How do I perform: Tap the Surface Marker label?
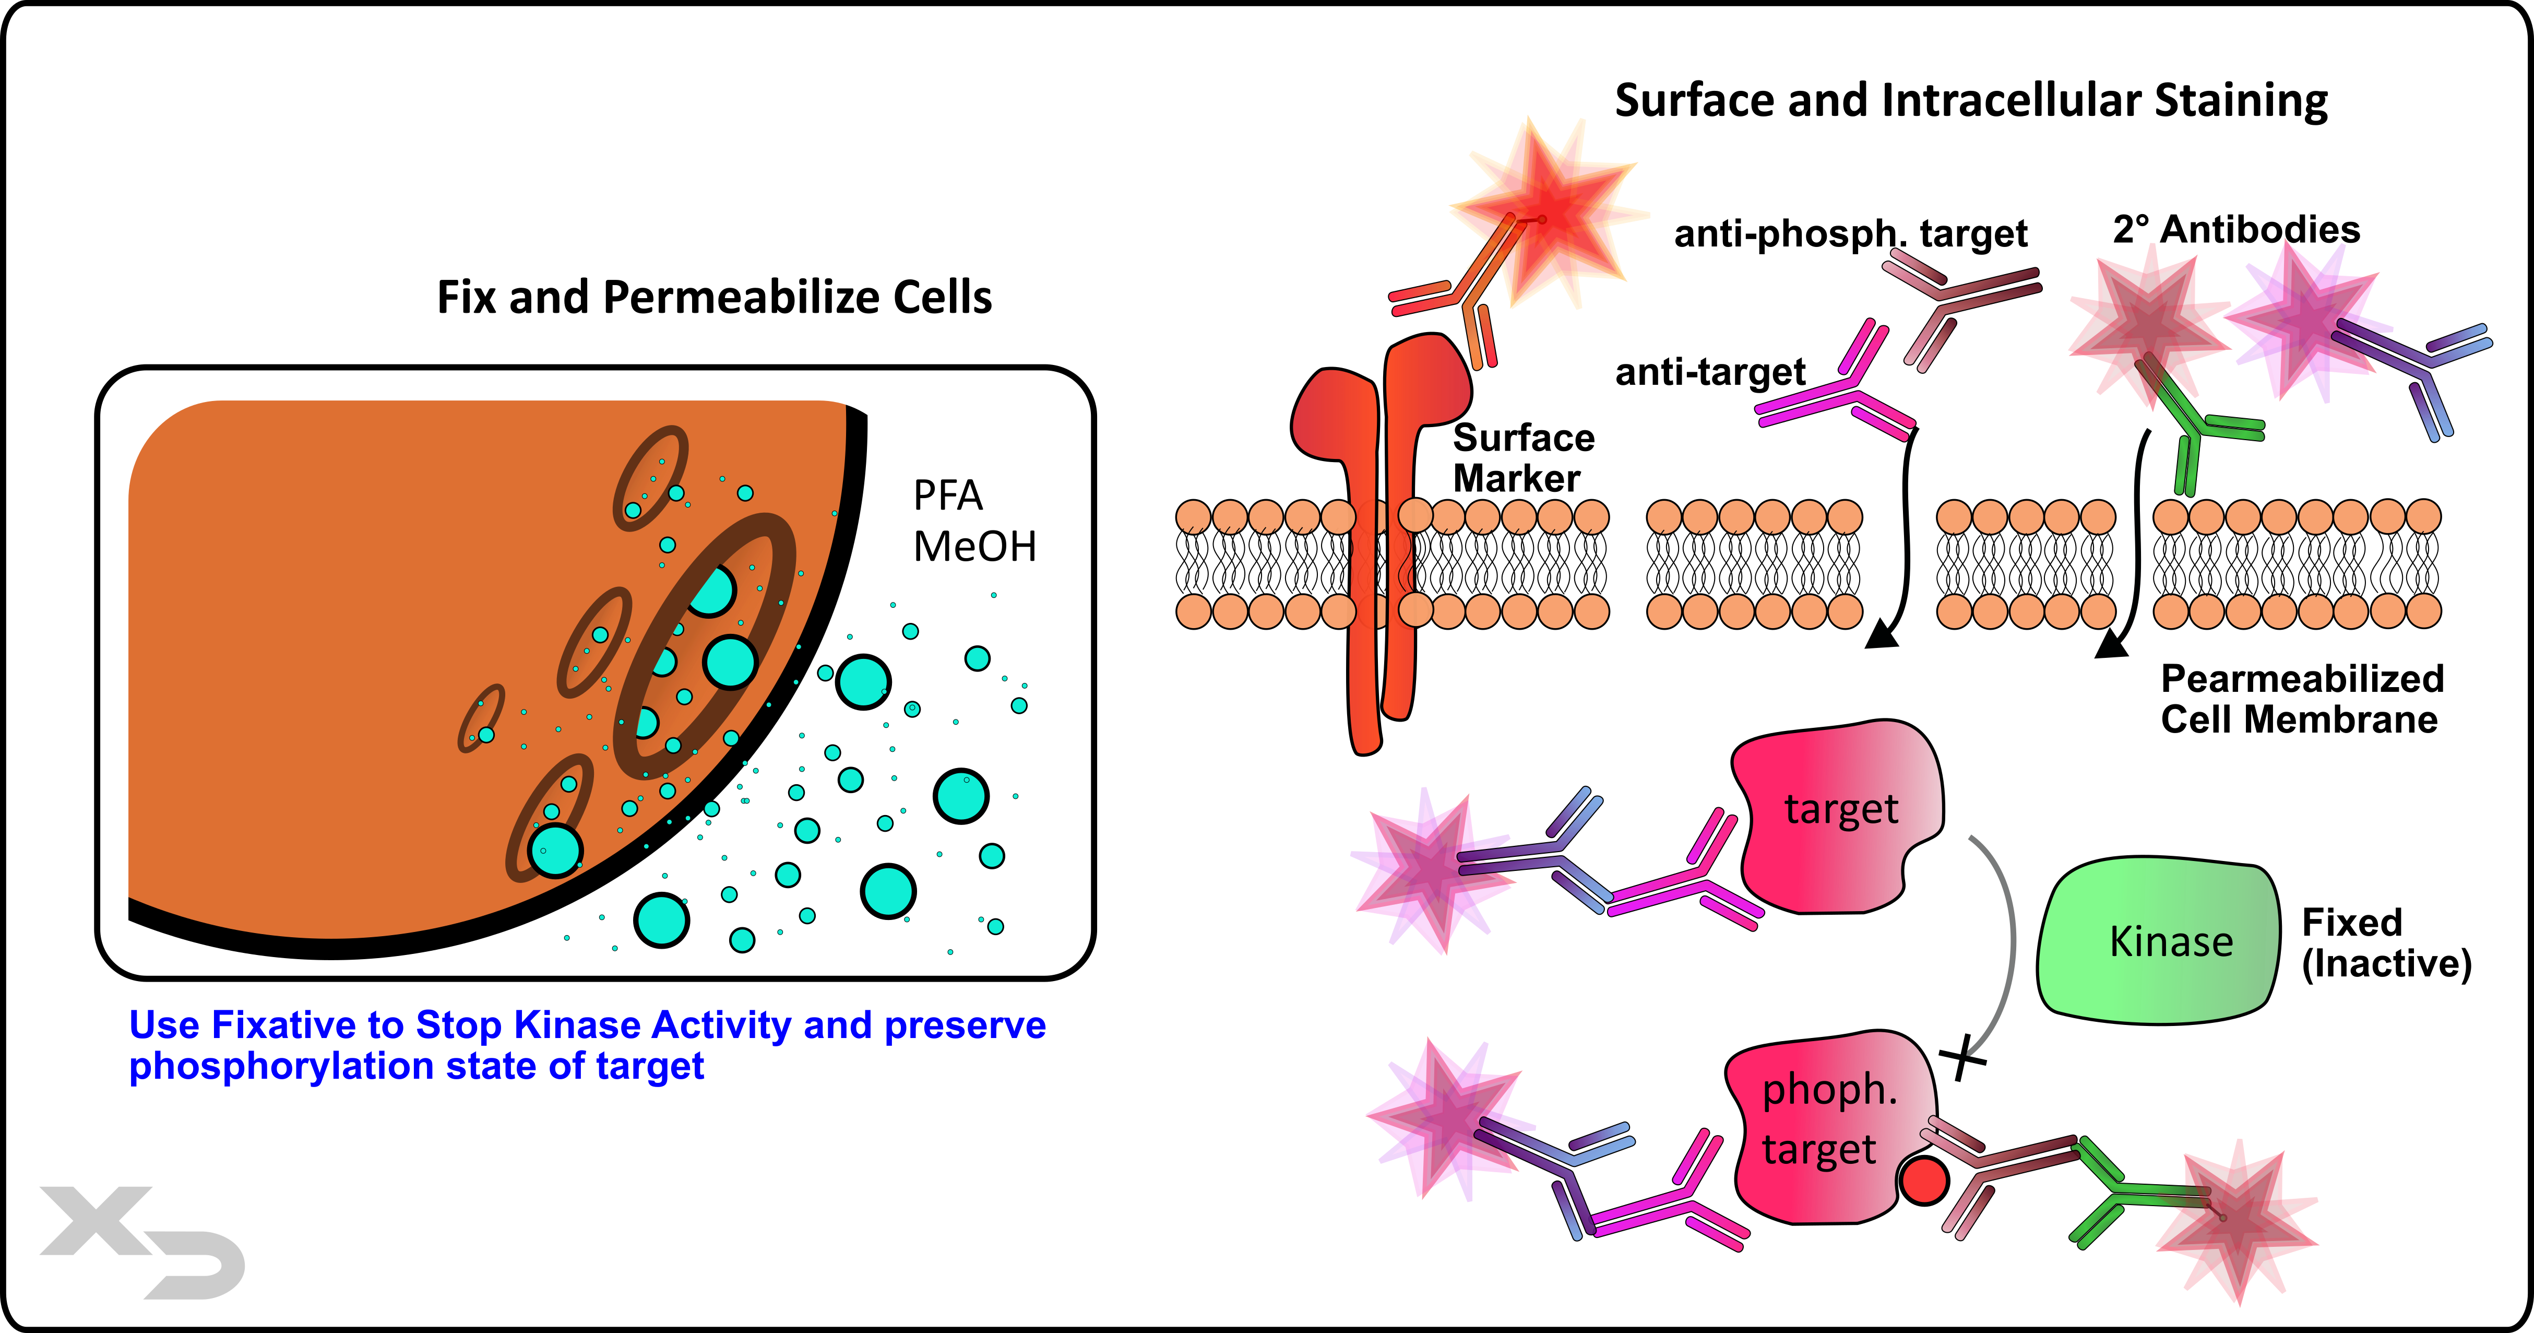coord(1523,457)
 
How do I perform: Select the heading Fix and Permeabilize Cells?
coord(714,297)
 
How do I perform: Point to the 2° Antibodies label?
coord(2236,229)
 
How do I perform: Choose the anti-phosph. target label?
coord(1849,233)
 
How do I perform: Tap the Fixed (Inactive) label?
coord(2385,942)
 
